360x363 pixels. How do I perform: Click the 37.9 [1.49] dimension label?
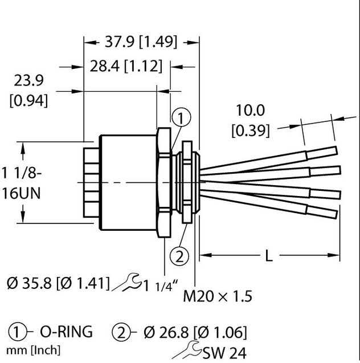click(x=141, y=42)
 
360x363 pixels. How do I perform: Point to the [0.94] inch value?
click(x=28, y=101)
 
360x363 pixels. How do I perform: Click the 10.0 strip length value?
click(x=251, y=111)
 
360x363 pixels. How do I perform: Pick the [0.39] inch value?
click(x=251, y=130)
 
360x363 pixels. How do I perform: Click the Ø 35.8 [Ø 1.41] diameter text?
click(x=59, y=282)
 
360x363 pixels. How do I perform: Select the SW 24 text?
click(x=228, y=354)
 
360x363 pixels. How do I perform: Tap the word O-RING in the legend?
click(x=66, y=332)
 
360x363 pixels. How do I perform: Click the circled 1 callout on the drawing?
click(x=180, y=119)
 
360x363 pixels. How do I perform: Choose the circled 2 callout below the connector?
click(x=180, y=256)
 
